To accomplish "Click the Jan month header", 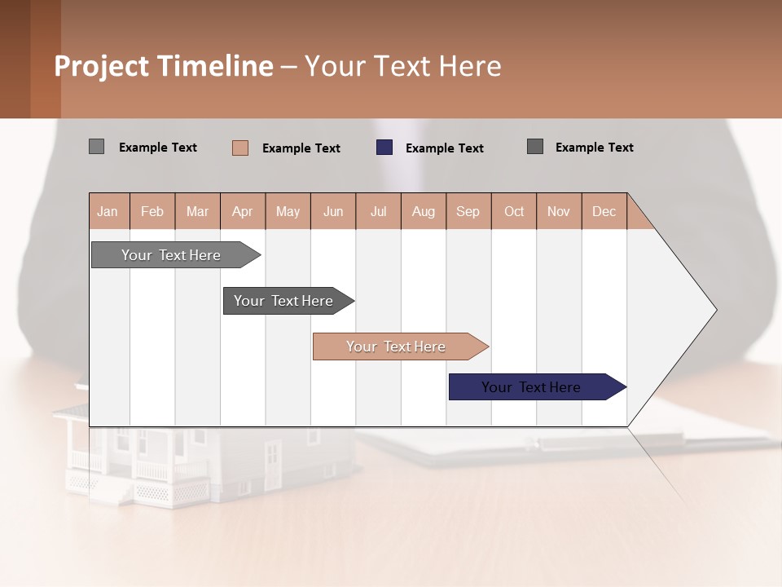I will (108, 211).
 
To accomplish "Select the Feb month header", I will (152, 211).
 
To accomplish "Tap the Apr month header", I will (243, 211).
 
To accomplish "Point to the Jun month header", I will (333, 211).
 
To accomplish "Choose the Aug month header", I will (424, 211).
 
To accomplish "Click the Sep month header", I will (468, 211).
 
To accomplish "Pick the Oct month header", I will (514, 211).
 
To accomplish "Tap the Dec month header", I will (604, 211).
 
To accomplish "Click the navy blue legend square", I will (384, 148).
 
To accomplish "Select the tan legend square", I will (240, 148).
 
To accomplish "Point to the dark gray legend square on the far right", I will (535, 147).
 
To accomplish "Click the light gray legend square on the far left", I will (96, 147).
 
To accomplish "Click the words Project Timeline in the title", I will (164, 66).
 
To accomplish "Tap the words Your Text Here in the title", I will (402, 66).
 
